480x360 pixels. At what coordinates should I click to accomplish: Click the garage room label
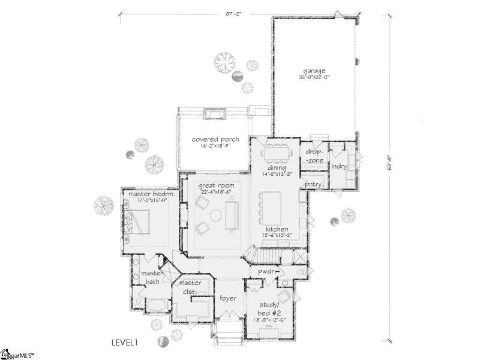click(314, 70)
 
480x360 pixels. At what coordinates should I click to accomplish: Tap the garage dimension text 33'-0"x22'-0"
click(314, 77)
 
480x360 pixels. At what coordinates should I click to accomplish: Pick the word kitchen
click(278, 230)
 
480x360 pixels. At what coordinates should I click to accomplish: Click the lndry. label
click(340, 166)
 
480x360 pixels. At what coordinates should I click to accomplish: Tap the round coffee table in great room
click(215, 216)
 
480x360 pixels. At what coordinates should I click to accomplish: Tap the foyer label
click(227, 298)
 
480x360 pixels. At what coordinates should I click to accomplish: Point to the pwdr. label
click(266, 272)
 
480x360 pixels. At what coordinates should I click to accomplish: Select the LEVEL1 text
click(125, 343)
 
